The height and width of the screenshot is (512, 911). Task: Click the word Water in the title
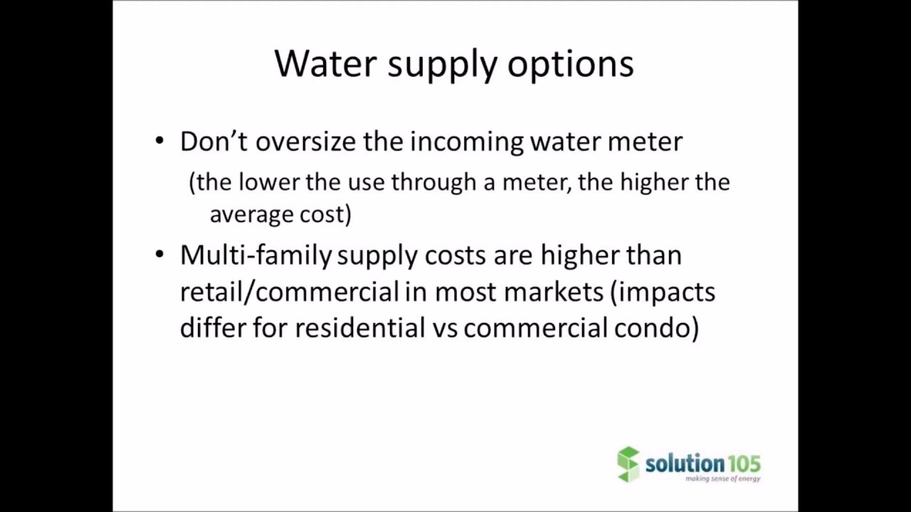(325, 63)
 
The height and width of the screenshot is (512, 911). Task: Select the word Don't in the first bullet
(213, 141)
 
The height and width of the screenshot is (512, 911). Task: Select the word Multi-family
(256, 255)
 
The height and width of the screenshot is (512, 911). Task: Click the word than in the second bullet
(653, 255)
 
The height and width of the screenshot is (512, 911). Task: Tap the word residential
(359, 328)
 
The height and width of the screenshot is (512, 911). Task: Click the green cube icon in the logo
(628, 464)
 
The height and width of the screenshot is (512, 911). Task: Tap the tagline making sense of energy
(722, 479)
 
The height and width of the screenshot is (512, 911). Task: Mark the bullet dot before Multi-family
(159, 254)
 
